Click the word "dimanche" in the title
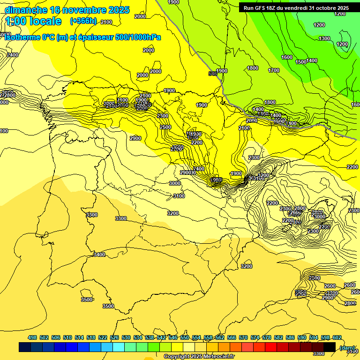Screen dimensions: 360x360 coord(26,10)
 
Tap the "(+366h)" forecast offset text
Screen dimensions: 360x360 coord(83,21)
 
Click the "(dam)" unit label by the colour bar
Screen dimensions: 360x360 coord(347,347)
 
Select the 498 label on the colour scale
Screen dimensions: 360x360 coord(32,337)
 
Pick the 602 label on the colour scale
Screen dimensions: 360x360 coord(337,337)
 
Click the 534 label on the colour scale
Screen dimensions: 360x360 coord(138,337)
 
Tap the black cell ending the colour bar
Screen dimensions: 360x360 coord(330,347)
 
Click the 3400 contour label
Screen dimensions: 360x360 coord(99,255)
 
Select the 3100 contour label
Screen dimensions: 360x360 coord(179,196)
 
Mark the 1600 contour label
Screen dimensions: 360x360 coord(287,57)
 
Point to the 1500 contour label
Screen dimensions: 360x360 coord(301,62)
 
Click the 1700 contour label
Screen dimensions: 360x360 coord(274,70)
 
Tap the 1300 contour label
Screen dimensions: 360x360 coord(324,38)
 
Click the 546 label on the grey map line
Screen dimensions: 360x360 coord(213,74)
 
